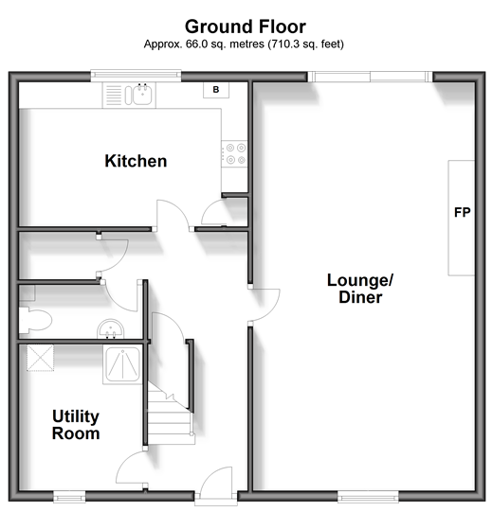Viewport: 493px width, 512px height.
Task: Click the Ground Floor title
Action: click(x=246, y=26)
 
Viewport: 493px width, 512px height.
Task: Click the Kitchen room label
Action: click(x=136, y=161)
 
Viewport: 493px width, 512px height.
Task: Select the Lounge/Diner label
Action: click(x=360, y=289)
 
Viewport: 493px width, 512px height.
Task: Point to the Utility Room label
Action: click(x=76, y=425)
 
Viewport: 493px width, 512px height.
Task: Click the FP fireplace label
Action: click(x=463, y=213)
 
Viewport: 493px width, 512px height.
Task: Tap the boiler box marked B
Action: click(x=216, y=90)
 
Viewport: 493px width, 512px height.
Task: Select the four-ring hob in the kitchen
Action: click(x=234, y=154)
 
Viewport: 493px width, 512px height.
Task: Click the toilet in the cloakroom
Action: click(x=34, y=321)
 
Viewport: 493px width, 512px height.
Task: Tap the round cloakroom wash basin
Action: click(x=111, y=328)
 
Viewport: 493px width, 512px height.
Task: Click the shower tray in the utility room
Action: click(x=122, y=364)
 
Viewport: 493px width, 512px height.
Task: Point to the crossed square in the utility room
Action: click(x=40, y=358)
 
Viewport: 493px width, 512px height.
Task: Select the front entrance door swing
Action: click(x=216, y=481)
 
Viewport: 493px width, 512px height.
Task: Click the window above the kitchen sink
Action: click(x=136, y=76)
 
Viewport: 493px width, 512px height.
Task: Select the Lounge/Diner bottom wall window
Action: click(x=368, y=497)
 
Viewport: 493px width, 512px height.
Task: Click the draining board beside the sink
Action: click(x=114, y=95)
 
